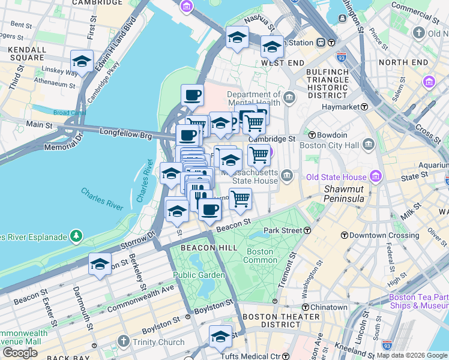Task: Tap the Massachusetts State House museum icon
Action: pyautogui.click(x=288, y=176)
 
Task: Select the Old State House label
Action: pyautogui.click(x=336, y=177)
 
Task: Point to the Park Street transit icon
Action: pyautogui.click(x=307, y=230)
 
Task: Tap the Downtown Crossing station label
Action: pyautogui.click(x=379, y=235)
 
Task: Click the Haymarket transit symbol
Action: pyautogui.click(x=364, y=107)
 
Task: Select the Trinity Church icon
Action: pyautogui.click(x=123, y=342)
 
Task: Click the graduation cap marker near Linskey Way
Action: pyautogui.click(x=82, y=61)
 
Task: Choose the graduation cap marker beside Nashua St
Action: pyautogui.click(x=237, y=37)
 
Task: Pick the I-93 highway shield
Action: pyautogui.click(x=342, y=57)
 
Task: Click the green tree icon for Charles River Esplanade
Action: pyautogui.click(x=76, y=236)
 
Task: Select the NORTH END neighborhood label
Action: pyautogui.click(x=403, y=62)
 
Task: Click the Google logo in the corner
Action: pyautogui.click(x=20, y=353)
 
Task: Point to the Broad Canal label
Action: pyautogui.click(x=70, y=112)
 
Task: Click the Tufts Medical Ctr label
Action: pyautogui.click(x=255, y=356)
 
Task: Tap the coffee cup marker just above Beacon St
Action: pyautogui.click(x=209, y=209)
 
